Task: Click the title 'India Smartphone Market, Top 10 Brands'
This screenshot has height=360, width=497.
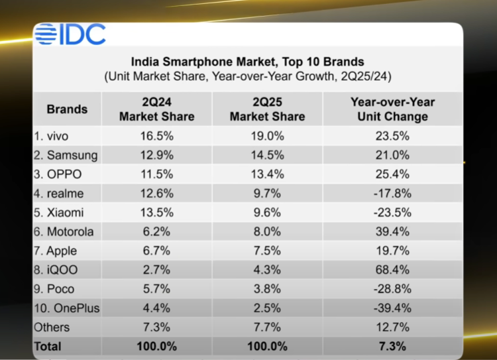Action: tap(248, 62)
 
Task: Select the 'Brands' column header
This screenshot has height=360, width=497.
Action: tap(67, 109)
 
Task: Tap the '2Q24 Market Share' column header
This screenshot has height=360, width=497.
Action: tap(156, 109)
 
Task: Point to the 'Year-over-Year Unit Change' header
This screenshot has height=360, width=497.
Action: tap(392, 109)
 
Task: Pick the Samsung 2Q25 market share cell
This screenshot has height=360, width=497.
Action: tap(267, 155)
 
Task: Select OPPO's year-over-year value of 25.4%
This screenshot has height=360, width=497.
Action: tap(392, 174)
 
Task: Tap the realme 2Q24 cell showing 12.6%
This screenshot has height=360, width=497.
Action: tap(156, 194)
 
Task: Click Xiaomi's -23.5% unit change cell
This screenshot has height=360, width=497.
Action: tap(392, 213)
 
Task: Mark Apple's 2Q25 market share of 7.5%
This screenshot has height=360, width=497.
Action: tap(267, 251)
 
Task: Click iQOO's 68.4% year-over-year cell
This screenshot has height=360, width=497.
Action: tap(392, 270)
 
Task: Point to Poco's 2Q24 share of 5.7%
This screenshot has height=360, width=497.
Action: tap(156, 289)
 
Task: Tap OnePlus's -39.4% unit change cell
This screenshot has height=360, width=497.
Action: tap(392, 308)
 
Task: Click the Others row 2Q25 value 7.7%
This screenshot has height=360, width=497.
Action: tap(267, 328)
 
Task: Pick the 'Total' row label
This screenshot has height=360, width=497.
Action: tap(48, 346)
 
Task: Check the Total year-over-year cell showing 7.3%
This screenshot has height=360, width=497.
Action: tap(392, 346)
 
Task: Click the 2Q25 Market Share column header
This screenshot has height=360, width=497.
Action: tap(267, 109)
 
